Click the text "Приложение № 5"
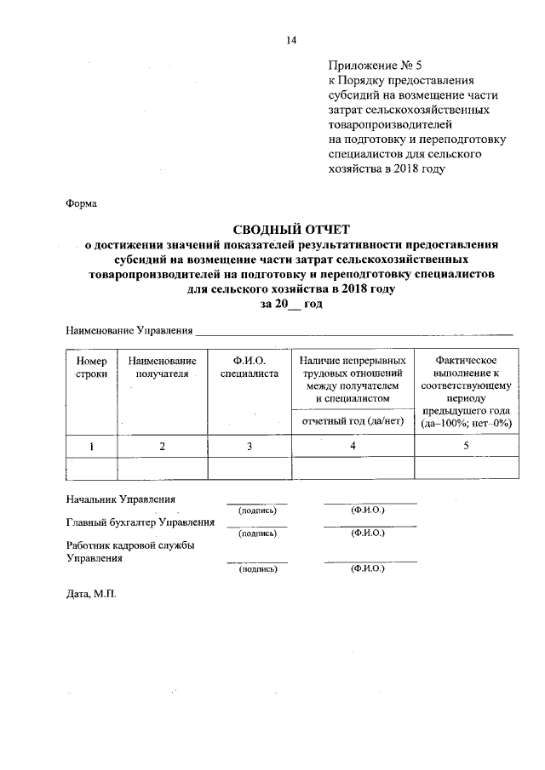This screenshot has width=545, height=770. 368,63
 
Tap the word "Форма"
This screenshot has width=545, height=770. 82,204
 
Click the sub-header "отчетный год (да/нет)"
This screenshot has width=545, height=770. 352,422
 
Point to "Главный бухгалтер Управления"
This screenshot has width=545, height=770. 141,522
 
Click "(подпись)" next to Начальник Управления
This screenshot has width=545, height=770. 257,510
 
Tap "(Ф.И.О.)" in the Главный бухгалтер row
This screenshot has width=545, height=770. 368,533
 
